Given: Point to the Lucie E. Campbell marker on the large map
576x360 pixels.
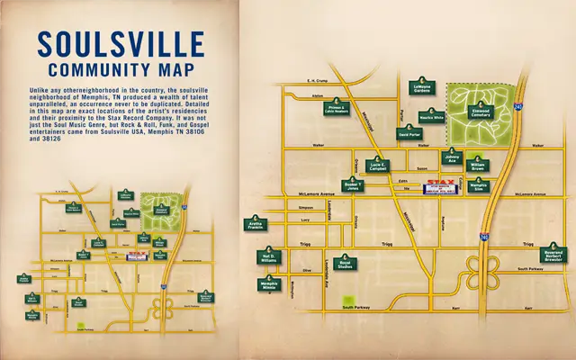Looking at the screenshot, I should click(x=377, y=165).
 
